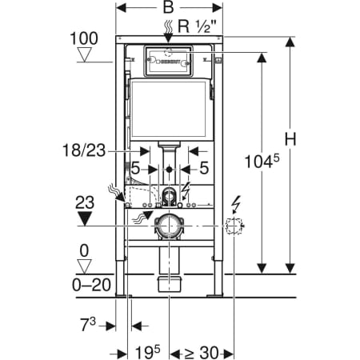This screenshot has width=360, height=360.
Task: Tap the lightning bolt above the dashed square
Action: (x=234, y=203)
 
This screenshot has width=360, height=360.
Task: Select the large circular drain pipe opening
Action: (x=170, y=226)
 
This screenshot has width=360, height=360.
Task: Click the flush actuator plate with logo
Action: (x=169, y=61)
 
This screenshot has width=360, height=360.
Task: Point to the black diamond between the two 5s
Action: (x=170, y=170)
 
